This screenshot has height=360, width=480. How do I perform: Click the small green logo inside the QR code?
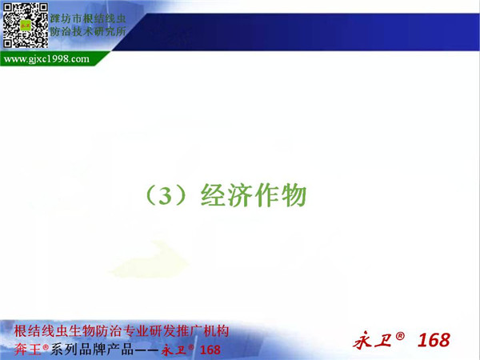pyautogui.click(x=26, y=26)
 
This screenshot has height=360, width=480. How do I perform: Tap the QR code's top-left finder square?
pyautogui.click(x=8, y=8)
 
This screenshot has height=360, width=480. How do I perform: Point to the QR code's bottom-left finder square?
pyautogui.click(x=8, y=43)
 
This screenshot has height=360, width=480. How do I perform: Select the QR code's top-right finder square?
pyautogui.click(x=43, y=8)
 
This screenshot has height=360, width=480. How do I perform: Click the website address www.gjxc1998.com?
pyautogui.click(x=46, y=58)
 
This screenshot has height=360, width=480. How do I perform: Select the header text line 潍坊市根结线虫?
pyautogui.click(x=88, y=18)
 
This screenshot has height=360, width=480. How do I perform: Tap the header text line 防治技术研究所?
pyautogui.click(x=88, y=31)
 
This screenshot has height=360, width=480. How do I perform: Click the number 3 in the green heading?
pyautogui.click(x=166, y=196)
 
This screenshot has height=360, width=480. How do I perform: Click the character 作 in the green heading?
pyautogui.click(x=267, y=195)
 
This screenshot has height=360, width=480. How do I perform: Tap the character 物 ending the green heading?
pyautogui.click(x=294, y=195)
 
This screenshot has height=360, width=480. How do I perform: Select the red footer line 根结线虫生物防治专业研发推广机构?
pyautogui.click(x=122, y=331)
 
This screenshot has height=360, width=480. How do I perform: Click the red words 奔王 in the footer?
pyautogui.click(x=27, y=350)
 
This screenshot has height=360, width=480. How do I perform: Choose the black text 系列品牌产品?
pyautogui.click(x=92, y=350)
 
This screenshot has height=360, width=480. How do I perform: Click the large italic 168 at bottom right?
pyautogui.click(x=434, y=340)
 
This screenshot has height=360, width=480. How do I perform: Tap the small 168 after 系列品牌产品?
pyautogui.click(x=210, y=350)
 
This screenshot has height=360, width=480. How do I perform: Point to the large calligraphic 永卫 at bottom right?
pyautogui.click(x=373, y=340)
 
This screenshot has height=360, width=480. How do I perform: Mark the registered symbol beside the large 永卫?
pyautogui.click(x=400, y=336)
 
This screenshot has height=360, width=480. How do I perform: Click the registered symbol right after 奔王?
pyautogui.click(x=46, y=347)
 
